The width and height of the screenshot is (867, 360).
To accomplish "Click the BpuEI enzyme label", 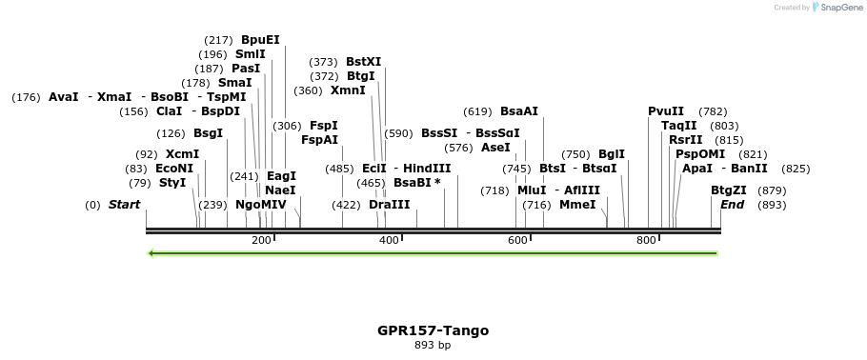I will (260, 40).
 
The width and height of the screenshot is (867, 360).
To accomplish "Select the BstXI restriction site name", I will (363, 62).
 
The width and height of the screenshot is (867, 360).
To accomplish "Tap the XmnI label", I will (348, 90).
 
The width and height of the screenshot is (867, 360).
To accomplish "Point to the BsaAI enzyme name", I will (519, 111).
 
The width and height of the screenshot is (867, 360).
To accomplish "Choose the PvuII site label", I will (666, 111).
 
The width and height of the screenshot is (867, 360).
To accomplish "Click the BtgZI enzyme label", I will (729, 190).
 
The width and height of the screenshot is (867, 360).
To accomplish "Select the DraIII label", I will (389, 205).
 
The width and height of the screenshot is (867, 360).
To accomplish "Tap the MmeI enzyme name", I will (577, 205).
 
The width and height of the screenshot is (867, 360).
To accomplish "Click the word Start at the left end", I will (124, 205).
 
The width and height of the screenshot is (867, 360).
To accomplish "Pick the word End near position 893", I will (733, 205).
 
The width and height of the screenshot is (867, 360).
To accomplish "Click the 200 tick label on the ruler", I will (261, 241).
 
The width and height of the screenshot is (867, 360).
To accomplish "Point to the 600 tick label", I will (517, 241).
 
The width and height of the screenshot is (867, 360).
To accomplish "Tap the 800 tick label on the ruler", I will (646, 241).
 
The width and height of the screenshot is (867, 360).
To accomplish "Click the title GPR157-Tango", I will (433, 330).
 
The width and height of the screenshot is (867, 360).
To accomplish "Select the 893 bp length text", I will (433, 345).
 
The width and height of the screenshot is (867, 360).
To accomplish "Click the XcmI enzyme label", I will (182, 154).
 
